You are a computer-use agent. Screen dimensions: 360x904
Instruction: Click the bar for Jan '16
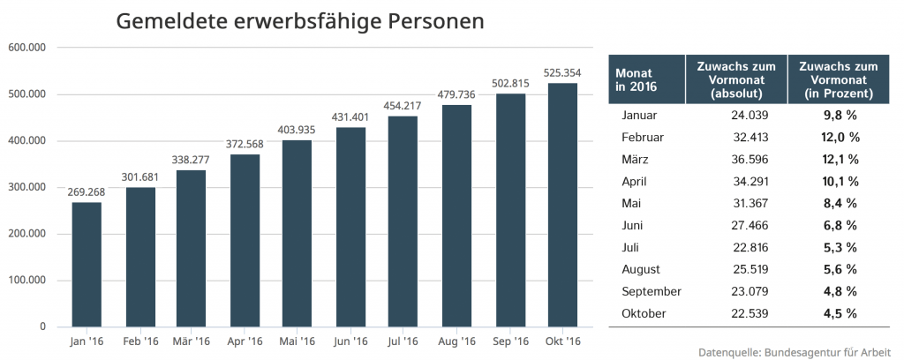coord(87,265)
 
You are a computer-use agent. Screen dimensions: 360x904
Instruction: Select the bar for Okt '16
coord(562,205)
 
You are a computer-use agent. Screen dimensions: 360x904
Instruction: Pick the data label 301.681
coord(139,178)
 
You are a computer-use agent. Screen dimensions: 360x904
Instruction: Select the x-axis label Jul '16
coord(403,341)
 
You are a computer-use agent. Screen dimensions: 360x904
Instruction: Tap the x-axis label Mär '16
coord(192,341)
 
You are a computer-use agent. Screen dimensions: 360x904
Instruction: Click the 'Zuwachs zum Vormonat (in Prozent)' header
coord(836,79)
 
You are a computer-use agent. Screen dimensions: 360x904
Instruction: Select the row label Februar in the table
coord(644,138)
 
